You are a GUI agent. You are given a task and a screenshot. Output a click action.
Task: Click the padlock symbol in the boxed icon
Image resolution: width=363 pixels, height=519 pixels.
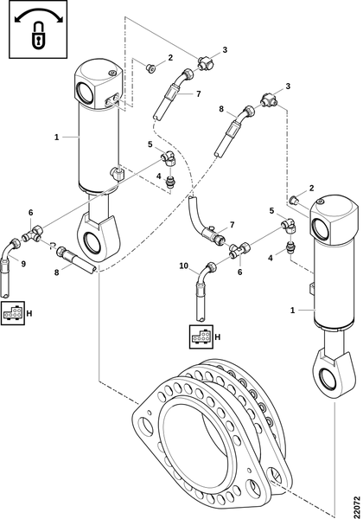point(38,35)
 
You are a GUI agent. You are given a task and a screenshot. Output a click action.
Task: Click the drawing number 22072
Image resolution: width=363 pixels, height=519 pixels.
point(356,507)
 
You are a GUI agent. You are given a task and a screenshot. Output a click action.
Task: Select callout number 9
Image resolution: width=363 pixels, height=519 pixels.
point(23,264)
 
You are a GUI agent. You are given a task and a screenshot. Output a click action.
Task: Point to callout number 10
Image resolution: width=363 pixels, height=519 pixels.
point(183,266)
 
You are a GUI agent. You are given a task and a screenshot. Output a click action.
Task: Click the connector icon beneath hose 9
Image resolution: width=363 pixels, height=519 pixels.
point(13,313)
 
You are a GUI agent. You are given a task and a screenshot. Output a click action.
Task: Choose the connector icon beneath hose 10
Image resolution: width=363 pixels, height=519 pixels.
point(201,337)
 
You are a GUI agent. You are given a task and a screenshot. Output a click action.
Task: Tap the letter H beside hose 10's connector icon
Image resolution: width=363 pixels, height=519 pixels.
point(218,337)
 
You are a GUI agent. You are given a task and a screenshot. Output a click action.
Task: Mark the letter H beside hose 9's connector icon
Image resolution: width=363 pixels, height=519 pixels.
point(29,313)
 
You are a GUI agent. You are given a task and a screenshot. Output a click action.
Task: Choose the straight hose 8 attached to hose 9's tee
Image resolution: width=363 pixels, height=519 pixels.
point(77,260)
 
